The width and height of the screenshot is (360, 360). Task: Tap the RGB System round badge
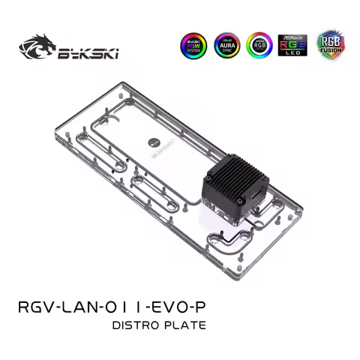pyautogui.click(x=194, y=46)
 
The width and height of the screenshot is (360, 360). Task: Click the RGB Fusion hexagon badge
pyautogui.click(x=327, y=46)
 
